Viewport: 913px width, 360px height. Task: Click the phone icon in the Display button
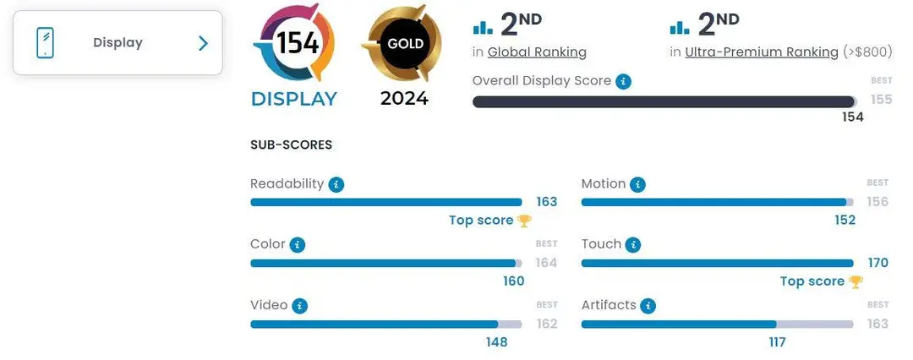coord(45,42)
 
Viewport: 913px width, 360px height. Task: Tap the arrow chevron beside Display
coord(203,43)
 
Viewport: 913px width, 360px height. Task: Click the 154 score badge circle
coord(293,42)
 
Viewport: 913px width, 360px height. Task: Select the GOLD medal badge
coord(402,44)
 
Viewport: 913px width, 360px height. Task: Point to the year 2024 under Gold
coord(405,98)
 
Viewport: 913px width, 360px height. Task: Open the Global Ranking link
coord(537,52)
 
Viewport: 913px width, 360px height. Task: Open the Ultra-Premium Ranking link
coord(762,52)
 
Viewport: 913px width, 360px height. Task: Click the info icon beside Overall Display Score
coord(624,82)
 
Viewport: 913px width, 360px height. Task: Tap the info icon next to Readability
coord(336,185)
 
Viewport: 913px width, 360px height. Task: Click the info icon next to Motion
coord(638,185)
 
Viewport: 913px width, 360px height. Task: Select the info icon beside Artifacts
coord(648,307)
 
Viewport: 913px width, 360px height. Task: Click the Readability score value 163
coord(547,202)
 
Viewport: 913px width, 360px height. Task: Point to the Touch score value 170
coord(878,264)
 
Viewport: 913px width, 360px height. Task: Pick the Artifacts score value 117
coord(778,342)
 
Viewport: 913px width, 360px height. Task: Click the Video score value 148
coord(497,342)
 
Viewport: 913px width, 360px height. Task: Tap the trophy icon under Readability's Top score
coord(524,221)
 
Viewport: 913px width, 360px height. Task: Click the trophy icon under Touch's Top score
coord(856,282)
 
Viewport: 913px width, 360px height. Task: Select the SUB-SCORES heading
coord(291,145)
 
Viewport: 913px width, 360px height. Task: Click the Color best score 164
coord(546,263)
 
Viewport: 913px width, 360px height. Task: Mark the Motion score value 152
coord(845,221)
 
